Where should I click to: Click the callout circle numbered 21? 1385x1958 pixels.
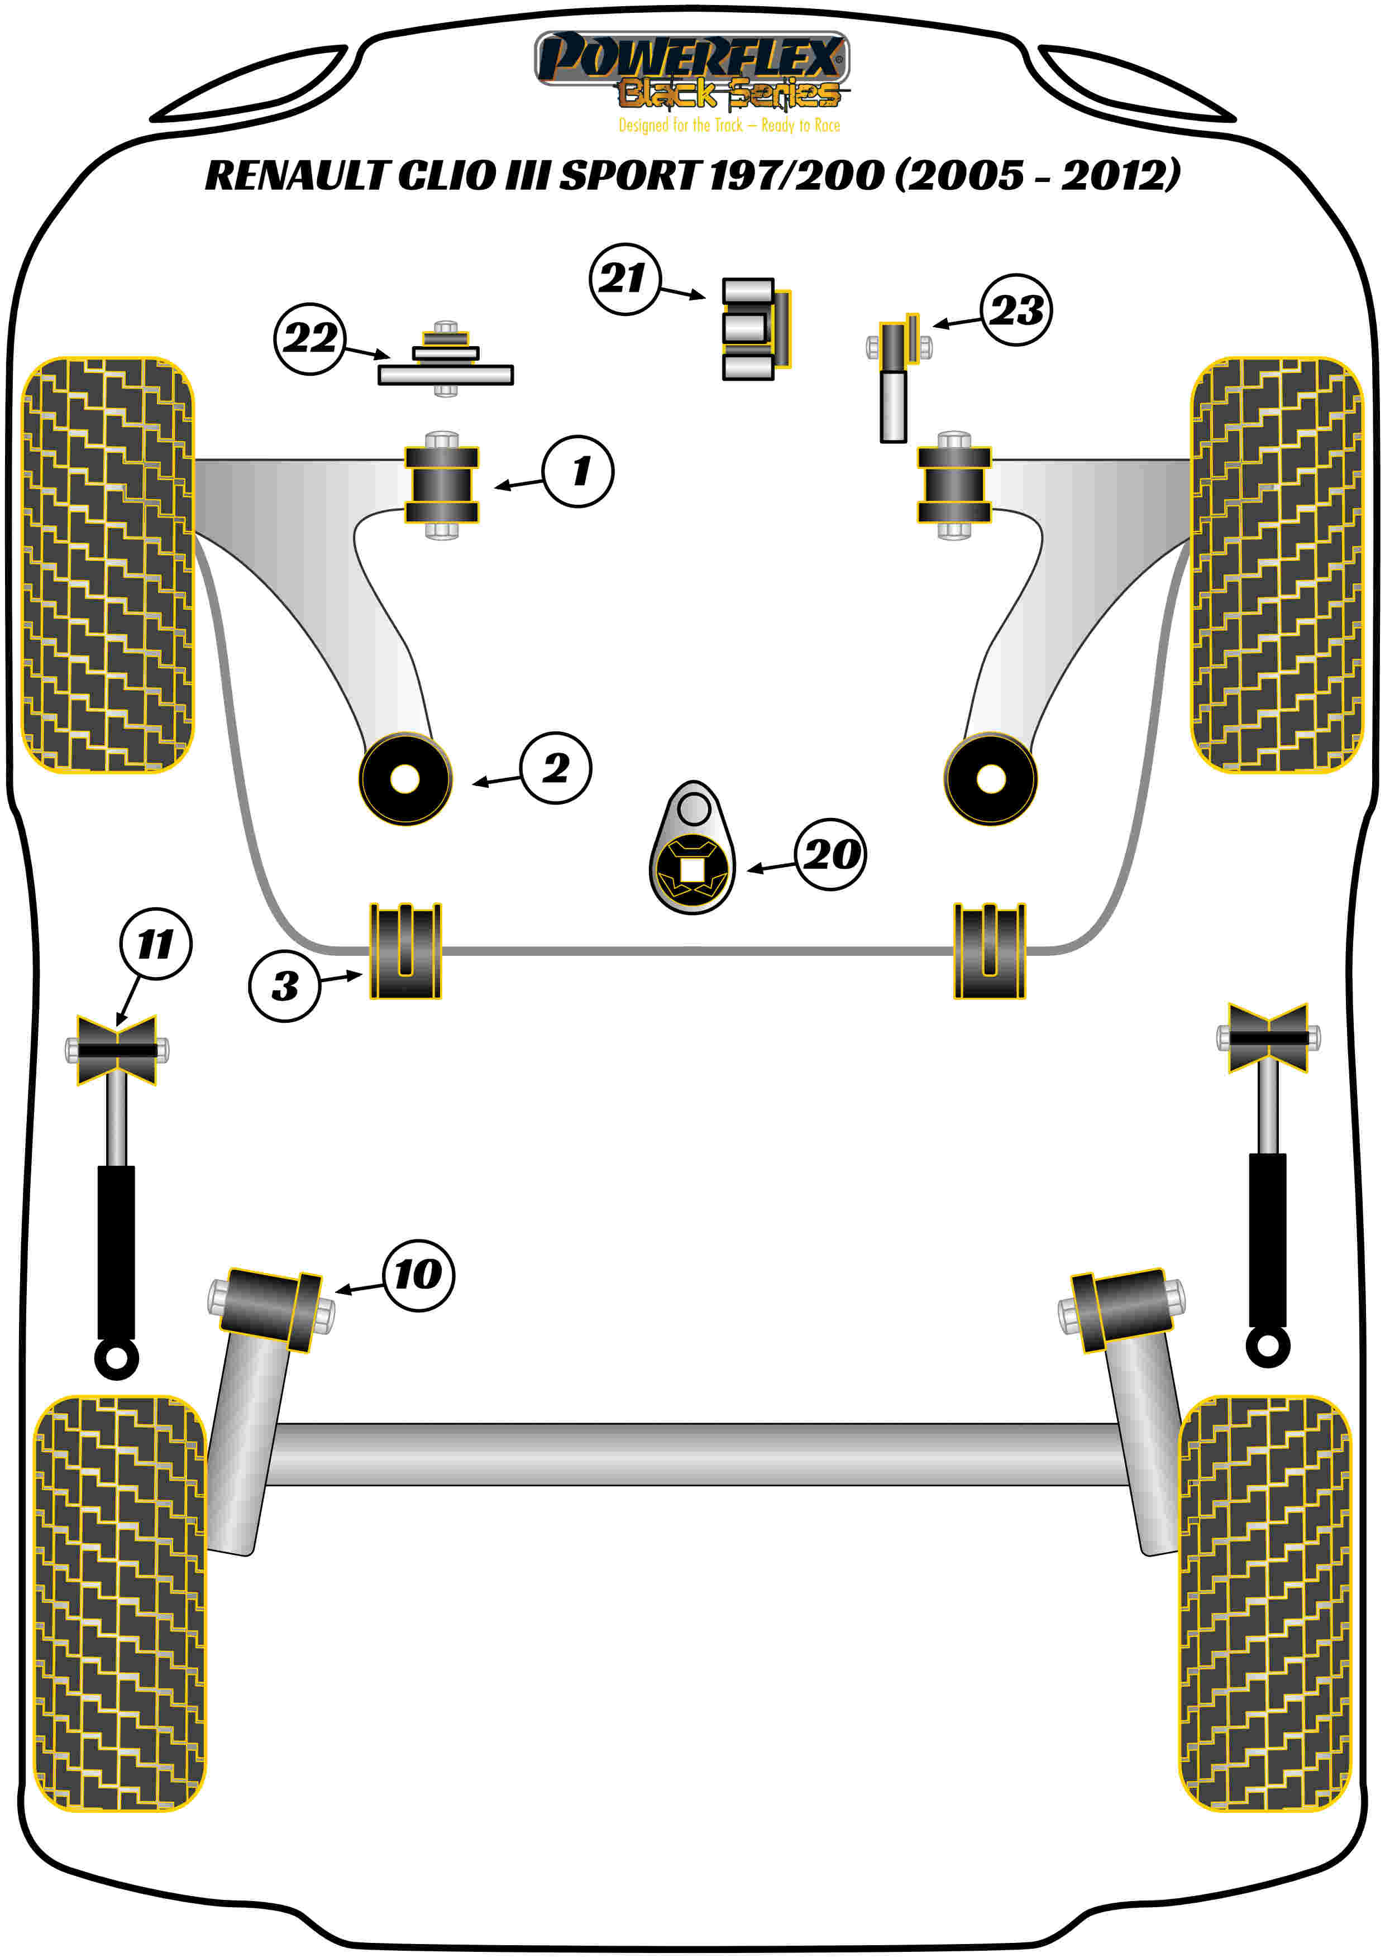[624, 279]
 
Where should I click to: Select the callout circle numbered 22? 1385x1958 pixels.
[309, 338]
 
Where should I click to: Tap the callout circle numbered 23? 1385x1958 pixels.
[1016, 309]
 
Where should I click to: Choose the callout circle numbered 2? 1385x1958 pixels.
[555, 768]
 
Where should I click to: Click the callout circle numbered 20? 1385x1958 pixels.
[830, 854]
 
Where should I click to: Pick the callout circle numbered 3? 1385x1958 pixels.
[284, 986]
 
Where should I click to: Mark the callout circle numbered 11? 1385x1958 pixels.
[155, 943]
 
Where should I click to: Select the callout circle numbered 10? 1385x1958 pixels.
[418, 1275]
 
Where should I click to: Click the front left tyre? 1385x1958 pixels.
[107, 564]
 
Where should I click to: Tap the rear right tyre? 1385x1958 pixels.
[1265, 1603]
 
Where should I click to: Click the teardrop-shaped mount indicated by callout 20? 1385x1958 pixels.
[692, 849]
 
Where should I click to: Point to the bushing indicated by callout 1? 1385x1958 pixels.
[442, 485]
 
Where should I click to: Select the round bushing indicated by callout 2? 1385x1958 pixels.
[405, 779]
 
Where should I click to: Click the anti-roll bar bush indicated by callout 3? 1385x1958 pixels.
[405, 951]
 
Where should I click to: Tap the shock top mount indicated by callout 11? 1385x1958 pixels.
[117, 1050]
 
